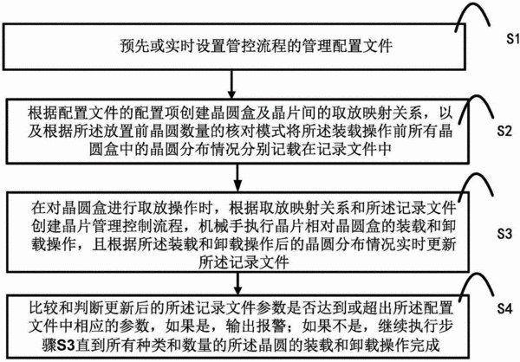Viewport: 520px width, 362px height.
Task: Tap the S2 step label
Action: click(504, 132)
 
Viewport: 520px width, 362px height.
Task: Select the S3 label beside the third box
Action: click(504, 234)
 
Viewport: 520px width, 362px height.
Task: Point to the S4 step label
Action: click(504, 309)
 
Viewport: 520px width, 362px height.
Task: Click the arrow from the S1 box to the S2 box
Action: click(231, 84)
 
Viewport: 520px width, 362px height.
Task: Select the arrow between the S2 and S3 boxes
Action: click(237, 178)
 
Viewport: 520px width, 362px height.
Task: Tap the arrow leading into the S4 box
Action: click(237, 283)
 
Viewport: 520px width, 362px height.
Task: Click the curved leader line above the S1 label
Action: click(471, 4)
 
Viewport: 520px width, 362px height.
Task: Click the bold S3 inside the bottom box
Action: click(67, 345)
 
